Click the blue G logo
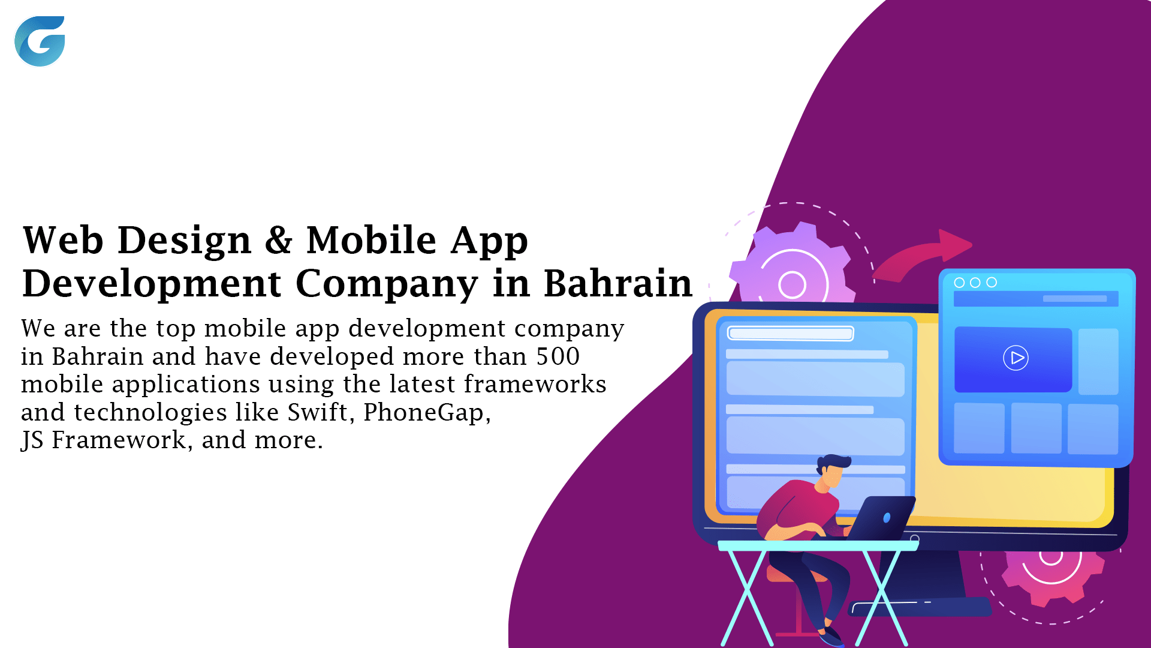pos(40,41)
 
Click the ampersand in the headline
pos(279,240)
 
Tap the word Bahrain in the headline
pos(617,283)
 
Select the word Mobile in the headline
pos(371,239)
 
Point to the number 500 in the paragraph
pos(558,356)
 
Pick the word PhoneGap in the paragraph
pos(427,413)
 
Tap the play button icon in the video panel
pos(1016,358)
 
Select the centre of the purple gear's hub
pos(792,284)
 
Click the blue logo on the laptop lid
pos(887,518)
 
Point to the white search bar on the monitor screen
pos(790,334)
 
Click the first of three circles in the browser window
pos(959,283)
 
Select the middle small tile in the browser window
pos(1036,428)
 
